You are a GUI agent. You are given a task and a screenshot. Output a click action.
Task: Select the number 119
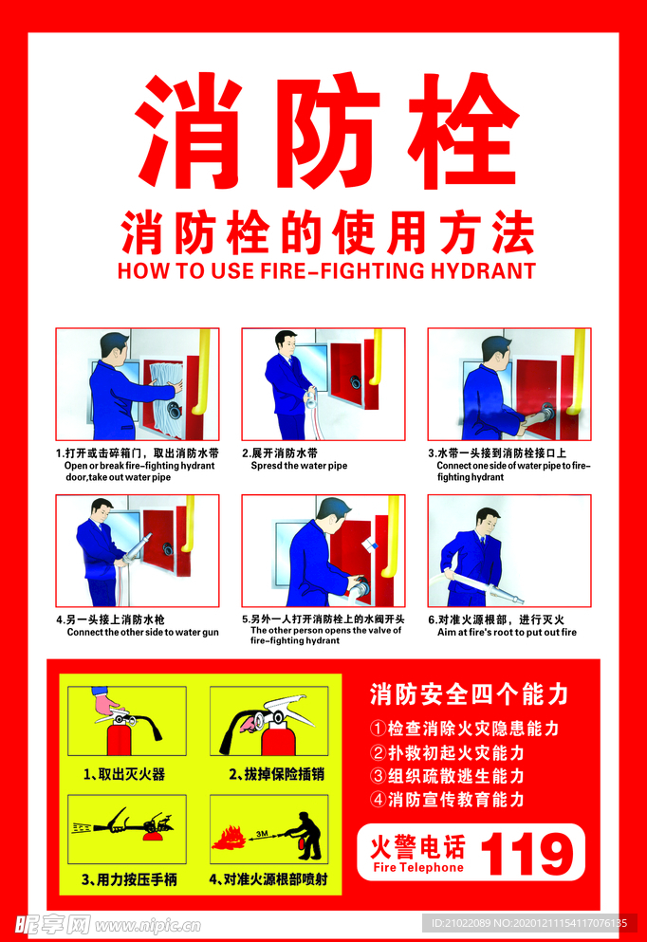(x=528, y=853)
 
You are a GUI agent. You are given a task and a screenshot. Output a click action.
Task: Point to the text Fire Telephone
(x=418, y=867)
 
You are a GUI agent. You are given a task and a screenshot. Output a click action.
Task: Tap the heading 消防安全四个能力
(x=469, y=694)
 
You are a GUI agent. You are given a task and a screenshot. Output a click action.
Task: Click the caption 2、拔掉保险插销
(x=276, y=774)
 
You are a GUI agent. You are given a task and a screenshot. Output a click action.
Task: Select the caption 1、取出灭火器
(x=123, y=774)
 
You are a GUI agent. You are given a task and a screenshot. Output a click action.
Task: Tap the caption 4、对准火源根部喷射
(x=269, y=879)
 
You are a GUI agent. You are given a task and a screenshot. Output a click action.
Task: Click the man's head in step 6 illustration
(x=488, y=520)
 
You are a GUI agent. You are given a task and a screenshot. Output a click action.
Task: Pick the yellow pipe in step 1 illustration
(x=200, y=370)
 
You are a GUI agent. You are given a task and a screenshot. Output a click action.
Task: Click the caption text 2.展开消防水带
(x=280, y=453)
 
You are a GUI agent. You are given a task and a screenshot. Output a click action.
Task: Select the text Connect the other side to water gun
(x=142, y=632)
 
